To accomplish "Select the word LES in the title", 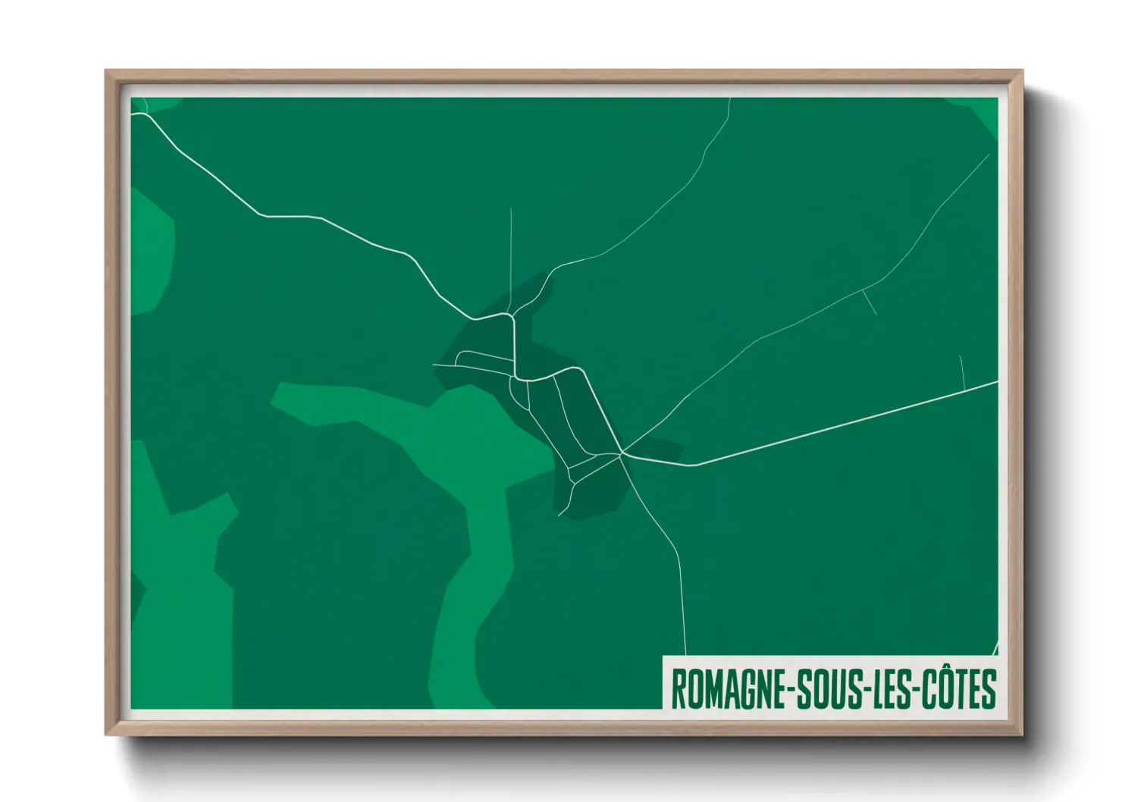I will pyautogui.click(x=894, y=689).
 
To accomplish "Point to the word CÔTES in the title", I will pyautogui.click(x=958, y=689).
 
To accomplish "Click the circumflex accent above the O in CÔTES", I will pyautogui.click(x=948, y=671).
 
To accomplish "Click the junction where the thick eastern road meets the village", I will pyautogui.click(x=622, y=454).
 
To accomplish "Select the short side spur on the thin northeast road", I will pyautogui.click(x=870, y=302).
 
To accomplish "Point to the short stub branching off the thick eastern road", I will pyautogui.click(x=962, y=372).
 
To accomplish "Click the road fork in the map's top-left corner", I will pyautogui.click(x=145, y=114).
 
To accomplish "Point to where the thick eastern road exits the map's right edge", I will pyautogui.click(x=996, y=382).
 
